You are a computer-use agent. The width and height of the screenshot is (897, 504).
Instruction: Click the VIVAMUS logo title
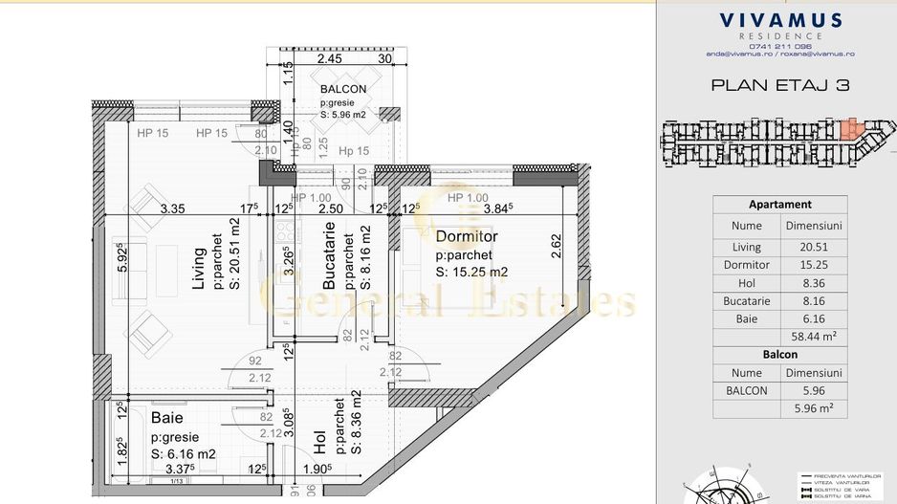[x=780, y=20]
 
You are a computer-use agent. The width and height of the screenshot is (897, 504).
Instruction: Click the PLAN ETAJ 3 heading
[x=780, y=85]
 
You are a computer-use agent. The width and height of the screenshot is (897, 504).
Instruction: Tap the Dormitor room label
[x=467, y=236]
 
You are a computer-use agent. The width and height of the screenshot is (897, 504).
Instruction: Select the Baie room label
[x=166, y=418]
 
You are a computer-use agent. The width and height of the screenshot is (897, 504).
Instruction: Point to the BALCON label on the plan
[x=343, y=89]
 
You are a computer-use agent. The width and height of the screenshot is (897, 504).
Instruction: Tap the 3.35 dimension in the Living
[x=172, y=209]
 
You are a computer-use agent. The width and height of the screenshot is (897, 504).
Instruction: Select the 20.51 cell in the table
[x=811, y=246]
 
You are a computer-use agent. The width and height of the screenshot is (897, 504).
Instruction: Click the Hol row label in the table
[x=746, y=283]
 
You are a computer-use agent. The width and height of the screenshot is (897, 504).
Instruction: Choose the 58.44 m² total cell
[x=811, y=338]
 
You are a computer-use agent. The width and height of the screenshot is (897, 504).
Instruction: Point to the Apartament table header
[x=779, y=204]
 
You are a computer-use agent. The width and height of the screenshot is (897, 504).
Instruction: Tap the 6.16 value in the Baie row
[x=811, y=319]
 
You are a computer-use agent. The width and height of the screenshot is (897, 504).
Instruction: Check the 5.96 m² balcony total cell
[x=811, y=408]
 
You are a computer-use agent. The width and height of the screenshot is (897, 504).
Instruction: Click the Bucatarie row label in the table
[x=746, y=301]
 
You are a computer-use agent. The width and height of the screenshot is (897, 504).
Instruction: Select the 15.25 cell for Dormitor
[x=811, y=265]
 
